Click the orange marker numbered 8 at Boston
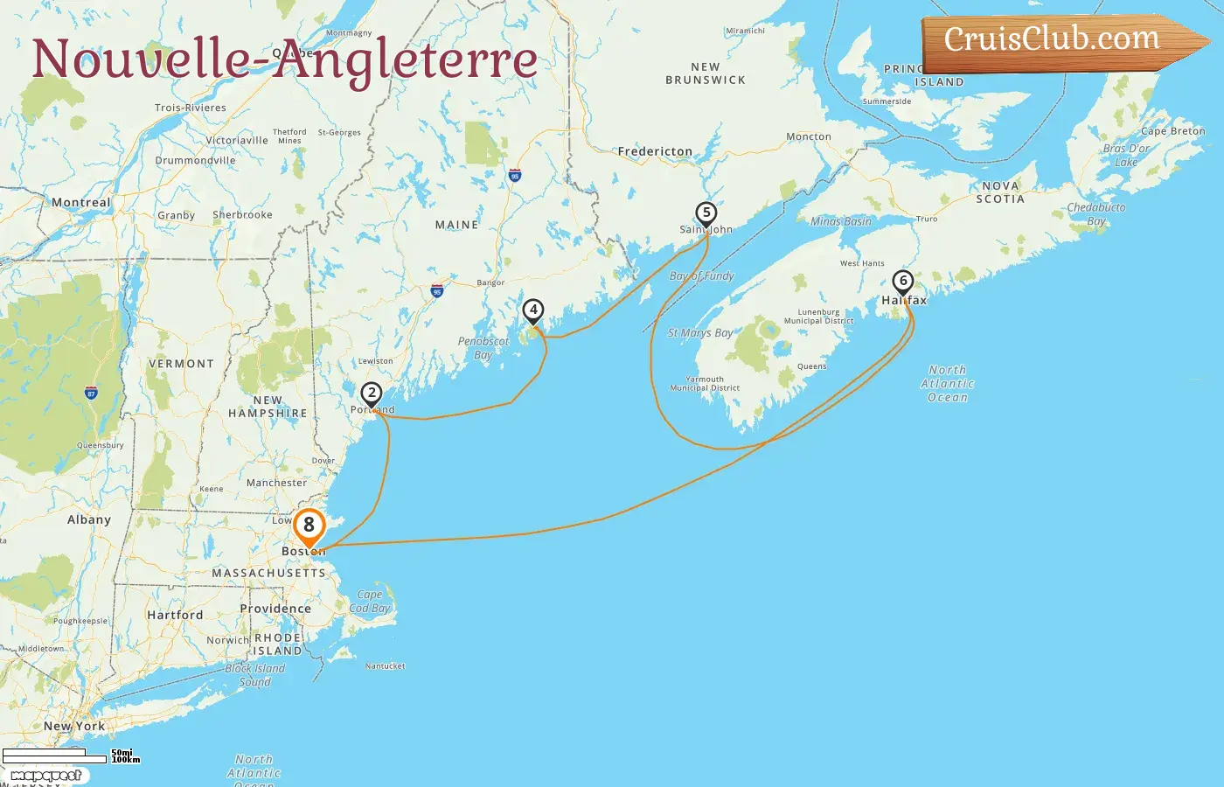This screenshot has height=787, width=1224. coord(309,526)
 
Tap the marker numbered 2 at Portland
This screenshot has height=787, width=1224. coord(372,394)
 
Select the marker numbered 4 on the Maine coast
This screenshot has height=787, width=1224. coord(533,310)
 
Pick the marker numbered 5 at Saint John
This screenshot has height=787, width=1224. coord(706,213)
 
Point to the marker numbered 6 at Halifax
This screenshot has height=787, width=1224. coord(903,282)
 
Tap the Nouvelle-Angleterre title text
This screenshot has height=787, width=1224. coord(284,59)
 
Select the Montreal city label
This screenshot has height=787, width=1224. coord(81,203)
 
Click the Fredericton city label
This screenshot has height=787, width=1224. coord(655,151)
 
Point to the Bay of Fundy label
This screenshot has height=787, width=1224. coord(702,276)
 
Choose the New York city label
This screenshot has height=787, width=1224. coord(74,726)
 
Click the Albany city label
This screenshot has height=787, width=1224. coord(89,519)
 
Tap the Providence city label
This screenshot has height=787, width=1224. coord(275,609)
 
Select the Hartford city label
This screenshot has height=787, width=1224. coord(175,615)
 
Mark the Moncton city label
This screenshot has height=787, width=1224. coord(809,136)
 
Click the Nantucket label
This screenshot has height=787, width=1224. coord(386,666)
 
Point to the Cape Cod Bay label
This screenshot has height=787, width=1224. coord(369,602)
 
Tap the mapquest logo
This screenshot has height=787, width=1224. coord(45,776)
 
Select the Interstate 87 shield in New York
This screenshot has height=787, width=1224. coord(91,393)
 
